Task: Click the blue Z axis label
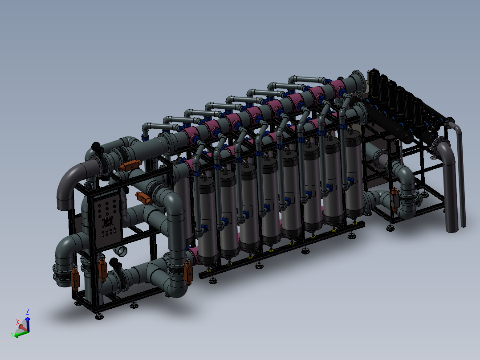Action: pyautogui.click(x=28, y=311)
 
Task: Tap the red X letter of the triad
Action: pyautogui.click(x=18, y=321)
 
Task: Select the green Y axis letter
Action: pyautogui.click(x=11, y=334)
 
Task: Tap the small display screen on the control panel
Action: pyautogui.click(x=107, y=221)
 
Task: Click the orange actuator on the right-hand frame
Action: pyautogui.click(x=394, y=198)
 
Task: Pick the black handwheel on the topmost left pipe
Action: pyautogui.click(x=96, y=146)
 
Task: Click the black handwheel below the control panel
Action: pyautogui.click(x=116, y=262)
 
